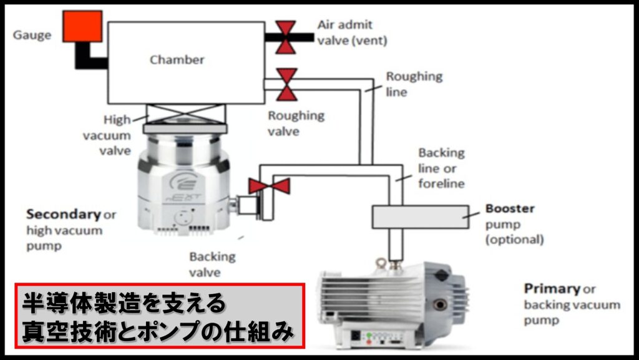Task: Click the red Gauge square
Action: [82, 27]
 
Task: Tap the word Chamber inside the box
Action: [177, 60]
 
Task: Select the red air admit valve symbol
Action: [286, 37]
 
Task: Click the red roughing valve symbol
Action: [287, 85]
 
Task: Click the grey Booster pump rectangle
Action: [421, 216]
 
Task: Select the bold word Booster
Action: [510, 208]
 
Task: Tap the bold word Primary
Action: [552, 289]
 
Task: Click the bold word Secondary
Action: [63, 214]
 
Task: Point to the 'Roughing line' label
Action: [414, 84]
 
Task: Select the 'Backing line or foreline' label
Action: [441, 168]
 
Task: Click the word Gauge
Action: [32, 35]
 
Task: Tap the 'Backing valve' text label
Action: [212, 264]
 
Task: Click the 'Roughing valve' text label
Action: [296, 123]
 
